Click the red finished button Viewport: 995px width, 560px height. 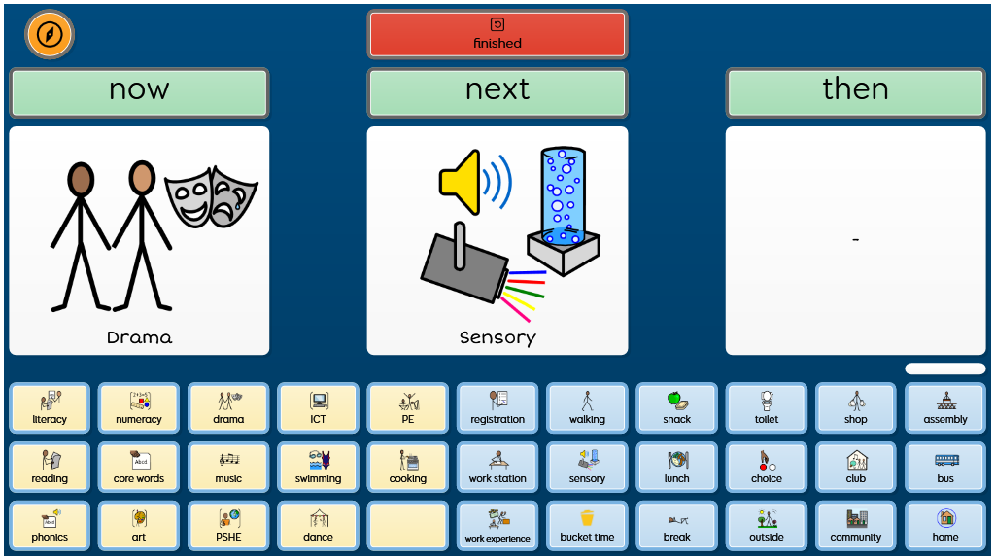(x=497, y=34)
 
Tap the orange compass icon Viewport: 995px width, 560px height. (x=50, y=34)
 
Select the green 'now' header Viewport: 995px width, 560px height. (x=139, y=92)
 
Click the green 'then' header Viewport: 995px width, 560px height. (x=855, y=92)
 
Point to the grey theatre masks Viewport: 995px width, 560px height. (x=211, y=196)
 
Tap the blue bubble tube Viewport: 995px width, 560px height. (x=564, y=211)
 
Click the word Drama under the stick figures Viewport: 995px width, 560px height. (x=139, y=337)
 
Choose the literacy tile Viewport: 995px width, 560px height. (x=50, y=407)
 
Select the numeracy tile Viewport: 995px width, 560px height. (x=139, y=407)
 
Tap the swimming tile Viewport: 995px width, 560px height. (x=318, y=467)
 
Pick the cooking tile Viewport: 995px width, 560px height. (x=407, y=467)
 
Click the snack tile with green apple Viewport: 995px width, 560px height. (x=676, y=407)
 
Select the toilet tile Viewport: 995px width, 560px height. (x=766, y=407)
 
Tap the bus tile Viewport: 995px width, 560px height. (x=944, y=467)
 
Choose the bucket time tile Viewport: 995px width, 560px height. (x=587, y=525)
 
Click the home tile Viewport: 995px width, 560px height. (x=944, y=525)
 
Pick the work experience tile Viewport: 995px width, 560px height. (x=497, y=525)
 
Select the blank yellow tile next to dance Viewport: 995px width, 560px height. (x=407, y=525)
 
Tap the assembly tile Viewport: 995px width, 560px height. (x=944, y=407)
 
